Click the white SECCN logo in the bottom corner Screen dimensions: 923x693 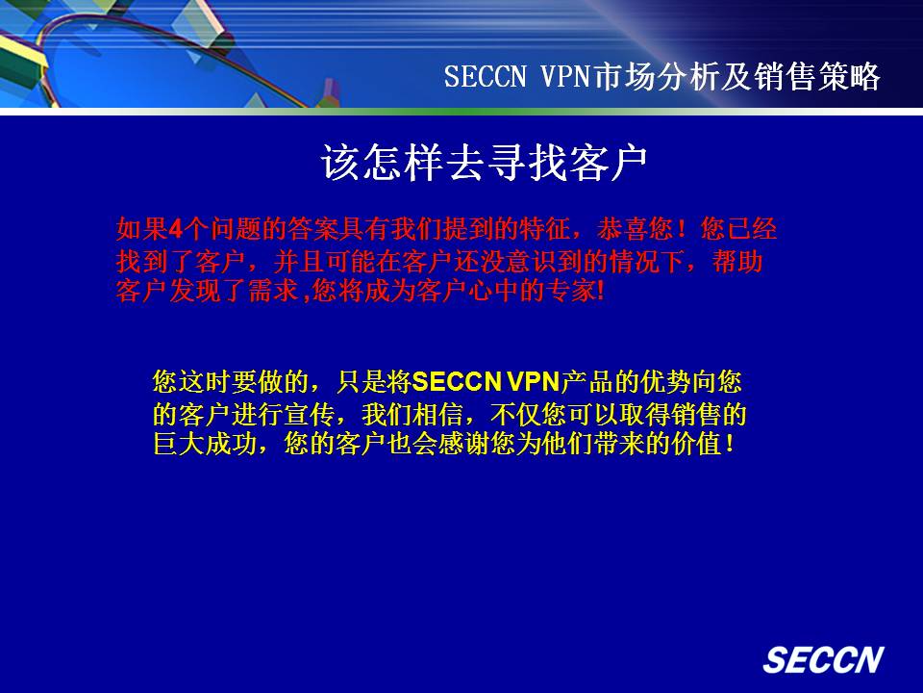pyautogui.click(x=823, y=659)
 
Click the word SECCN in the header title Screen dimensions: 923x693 pyautogui.click(x=485, y=77)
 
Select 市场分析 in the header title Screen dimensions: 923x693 pyautogui.click(x=654, y=77)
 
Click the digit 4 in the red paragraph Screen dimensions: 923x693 pyautogui.click(x=175, y=229)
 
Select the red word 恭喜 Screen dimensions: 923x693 pyautogui.click(x=622, y=229)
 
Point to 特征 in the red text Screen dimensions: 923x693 pyautogui.click(x=544, y=229)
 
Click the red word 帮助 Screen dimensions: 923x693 pyautogui.click(x=737, y=261)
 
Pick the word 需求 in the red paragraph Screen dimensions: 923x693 pyautogui.click(x=274, y=291)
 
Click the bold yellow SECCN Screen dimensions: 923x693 pyautogui.click(x=457, y=382)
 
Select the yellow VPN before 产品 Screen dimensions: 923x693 pyautogui.click(x=533, y=382)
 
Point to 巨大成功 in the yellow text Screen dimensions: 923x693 pyautogui.click(x=205, y=444)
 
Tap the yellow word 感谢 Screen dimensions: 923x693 pyautogui.click(x=463, y=444)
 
